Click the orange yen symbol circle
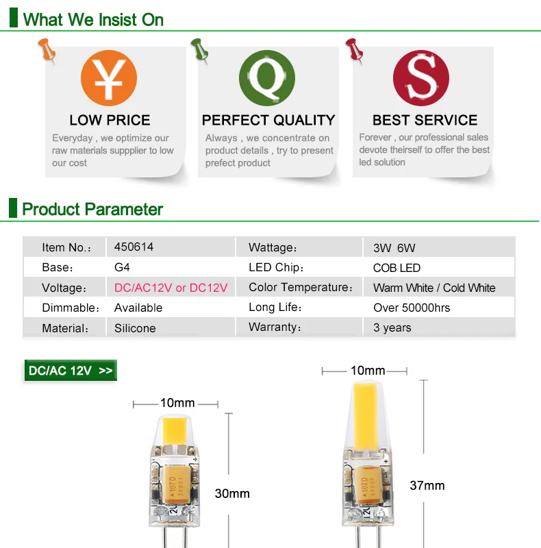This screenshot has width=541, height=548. [109, 78]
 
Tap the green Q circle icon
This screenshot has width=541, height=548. [267, 78]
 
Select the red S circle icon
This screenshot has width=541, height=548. [421, 78]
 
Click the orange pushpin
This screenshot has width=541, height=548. [47, 51]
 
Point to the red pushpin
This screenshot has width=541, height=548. [354, 51]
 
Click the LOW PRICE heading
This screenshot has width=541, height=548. [110, 121]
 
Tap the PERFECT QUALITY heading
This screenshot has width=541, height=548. [268, 121]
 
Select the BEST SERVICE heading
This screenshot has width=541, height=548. [425, 121]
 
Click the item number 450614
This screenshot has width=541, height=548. [134, 247]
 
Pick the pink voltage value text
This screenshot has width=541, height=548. [171, 288]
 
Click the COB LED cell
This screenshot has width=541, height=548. [397, 268]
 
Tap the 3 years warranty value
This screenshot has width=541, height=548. [392, 327]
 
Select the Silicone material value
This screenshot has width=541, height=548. [135, 328]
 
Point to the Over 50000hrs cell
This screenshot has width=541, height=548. [412, 308]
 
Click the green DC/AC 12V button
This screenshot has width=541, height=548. [71, 371]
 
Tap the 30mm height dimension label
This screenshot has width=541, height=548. [232, 493]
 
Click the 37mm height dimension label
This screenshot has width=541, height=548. [427, 486]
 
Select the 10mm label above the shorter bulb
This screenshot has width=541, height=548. [177, 403]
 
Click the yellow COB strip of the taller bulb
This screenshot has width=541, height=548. [365, 416]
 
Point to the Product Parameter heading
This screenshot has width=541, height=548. [92, 210]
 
